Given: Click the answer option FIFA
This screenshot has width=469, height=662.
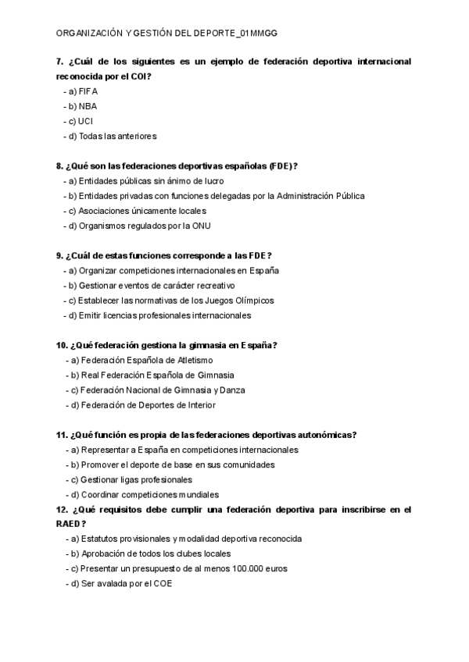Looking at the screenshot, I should pos(88,91).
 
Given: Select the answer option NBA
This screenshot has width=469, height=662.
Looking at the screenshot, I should pos(88,106).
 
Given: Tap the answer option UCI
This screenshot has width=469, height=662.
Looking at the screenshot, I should pos(87,121).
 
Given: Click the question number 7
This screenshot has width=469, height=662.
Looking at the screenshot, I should pos(59,62).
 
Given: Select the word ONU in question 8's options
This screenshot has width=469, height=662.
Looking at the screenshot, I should pos(201,226).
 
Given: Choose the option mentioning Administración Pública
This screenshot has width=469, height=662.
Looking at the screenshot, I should pos(215,196).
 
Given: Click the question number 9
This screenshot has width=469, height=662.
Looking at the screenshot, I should pos(59,256).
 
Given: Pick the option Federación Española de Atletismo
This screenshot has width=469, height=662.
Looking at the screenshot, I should pos(141,361).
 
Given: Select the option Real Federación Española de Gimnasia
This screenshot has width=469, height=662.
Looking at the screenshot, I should pos(146,375).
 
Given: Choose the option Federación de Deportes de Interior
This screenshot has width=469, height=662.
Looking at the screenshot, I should pos(143,405).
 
